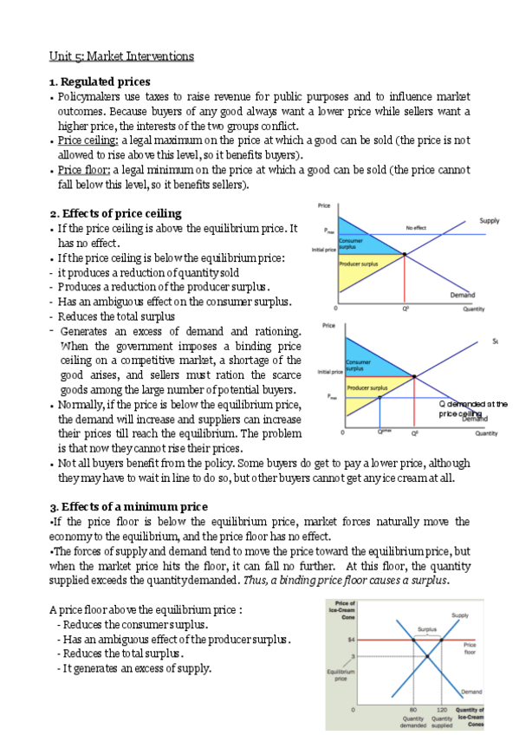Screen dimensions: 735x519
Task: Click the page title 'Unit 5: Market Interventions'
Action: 121,57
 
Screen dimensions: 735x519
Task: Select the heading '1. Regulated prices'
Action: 100,81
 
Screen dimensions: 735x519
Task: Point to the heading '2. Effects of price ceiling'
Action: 116,213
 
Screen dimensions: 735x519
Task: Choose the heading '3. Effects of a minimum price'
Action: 128,506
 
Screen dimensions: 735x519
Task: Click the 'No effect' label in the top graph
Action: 416,228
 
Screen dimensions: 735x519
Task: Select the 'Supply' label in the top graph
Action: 489,221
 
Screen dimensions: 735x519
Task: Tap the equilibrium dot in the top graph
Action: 405,254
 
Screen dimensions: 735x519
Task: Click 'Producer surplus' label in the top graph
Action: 357,263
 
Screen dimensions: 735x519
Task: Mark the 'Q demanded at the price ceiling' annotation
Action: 472,408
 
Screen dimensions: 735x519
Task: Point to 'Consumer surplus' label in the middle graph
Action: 358,365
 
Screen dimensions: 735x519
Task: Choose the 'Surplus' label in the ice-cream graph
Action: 427,629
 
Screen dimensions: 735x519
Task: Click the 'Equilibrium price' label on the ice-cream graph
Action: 338,675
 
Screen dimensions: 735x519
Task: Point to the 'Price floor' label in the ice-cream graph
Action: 470,648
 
